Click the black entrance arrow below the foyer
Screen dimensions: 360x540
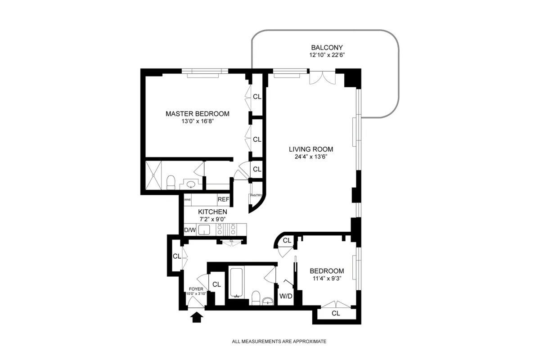click(x=197, y=318)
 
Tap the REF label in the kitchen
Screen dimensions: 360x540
click(x=223, y=199)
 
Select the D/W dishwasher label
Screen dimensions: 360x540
click(x=190, y=230)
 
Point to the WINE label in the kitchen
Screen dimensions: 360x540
click(x=188, y=199)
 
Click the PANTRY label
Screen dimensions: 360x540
click(x=256, y=195)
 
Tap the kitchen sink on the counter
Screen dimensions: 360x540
click(x=205, y=230)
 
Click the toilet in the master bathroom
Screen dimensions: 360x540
click(x=171, y=182)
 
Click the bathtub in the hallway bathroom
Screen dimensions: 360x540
click(x=237, y=283)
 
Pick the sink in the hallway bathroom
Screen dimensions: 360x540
click(x=268, y=301)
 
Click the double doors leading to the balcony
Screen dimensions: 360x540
click(x=322, y=77)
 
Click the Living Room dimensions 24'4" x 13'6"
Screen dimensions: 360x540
click(x=310, y=157)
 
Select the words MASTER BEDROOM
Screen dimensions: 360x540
click(x=197, y=114)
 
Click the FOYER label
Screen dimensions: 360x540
click(x=196, y=289)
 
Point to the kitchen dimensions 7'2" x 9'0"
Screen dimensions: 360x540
click(x=212, y=219)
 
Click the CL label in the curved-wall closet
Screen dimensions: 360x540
click(x=287, y=242)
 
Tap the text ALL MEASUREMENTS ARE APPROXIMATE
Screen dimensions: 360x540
click(x=279, y=342)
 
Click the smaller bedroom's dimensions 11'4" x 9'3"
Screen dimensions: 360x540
click(x=327, y=279)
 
